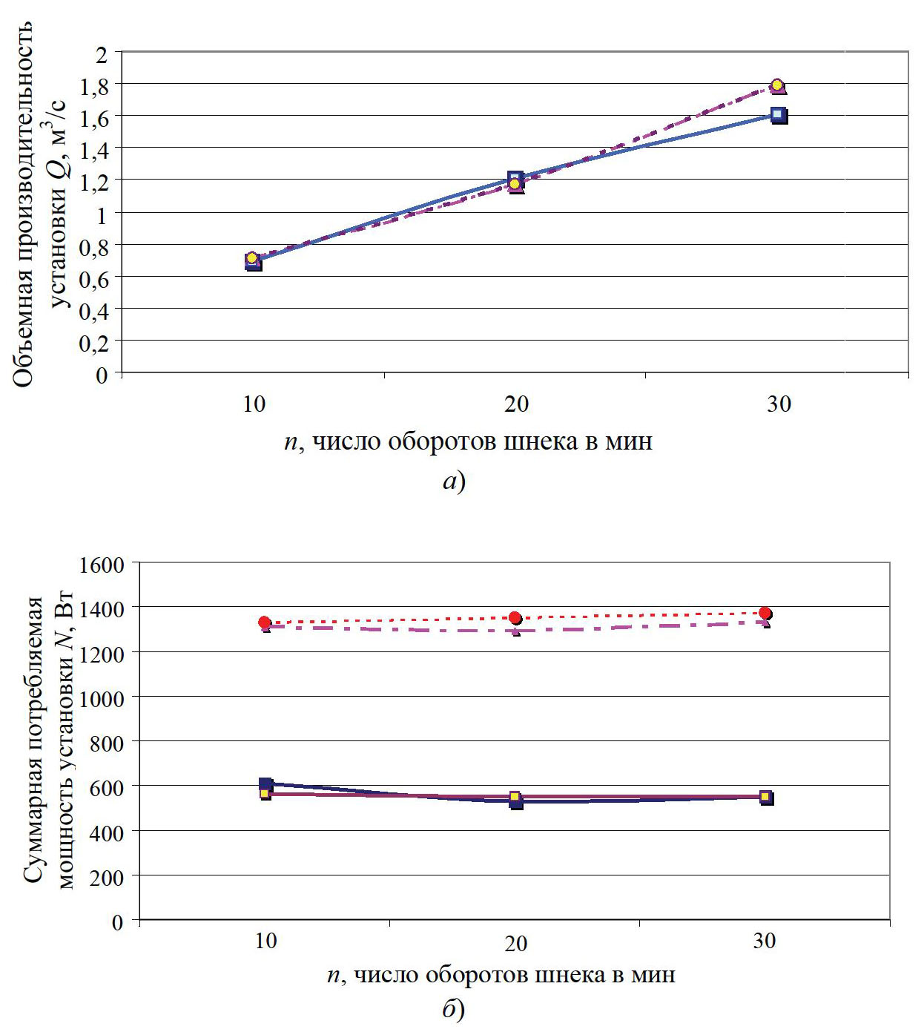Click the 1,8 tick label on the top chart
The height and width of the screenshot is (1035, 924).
pos(94,87)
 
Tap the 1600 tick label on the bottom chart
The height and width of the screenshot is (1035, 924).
pos(102,565)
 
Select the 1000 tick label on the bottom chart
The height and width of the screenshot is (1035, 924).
pos(102,698)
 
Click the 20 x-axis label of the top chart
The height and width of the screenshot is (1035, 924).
pos(516,404)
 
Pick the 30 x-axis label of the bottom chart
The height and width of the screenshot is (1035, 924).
pos(765,942)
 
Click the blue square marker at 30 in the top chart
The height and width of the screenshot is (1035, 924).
pos(778,115)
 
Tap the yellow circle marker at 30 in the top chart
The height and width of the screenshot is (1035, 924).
pos(776,85)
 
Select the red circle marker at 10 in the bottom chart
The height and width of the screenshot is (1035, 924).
pos(265,622)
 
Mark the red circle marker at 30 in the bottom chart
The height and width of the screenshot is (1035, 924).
pos(765,613)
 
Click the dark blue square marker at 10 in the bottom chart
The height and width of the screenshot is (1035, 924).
pos(265,784)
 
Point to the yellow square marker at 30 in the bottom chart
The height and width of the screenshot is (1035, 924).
pos(765,796)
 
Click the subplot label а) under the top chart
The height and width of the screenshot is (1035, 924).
pos(454,482)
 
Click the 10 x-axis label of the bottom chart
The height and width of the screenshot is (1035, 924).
pos(265,942)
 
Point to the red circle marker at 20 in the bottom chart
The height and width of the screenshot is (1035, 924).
pos(515,618)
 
